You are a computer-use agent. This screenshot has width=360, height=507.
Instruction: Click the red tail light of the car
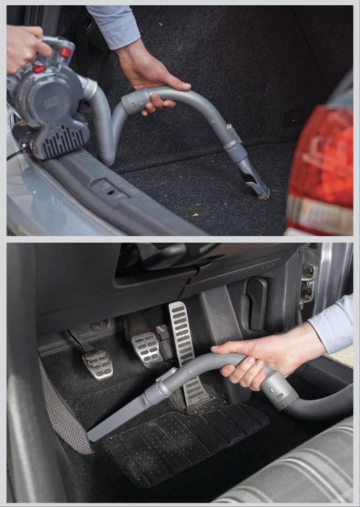323,159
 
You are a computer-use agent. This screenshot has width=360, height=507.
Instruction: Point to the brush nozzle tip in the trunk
257,190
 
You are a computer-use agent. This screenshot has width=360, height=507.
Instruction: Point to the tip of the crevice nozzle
92,436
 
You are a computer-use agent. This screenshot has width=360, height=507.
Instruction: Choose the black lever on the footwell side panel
257,304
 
